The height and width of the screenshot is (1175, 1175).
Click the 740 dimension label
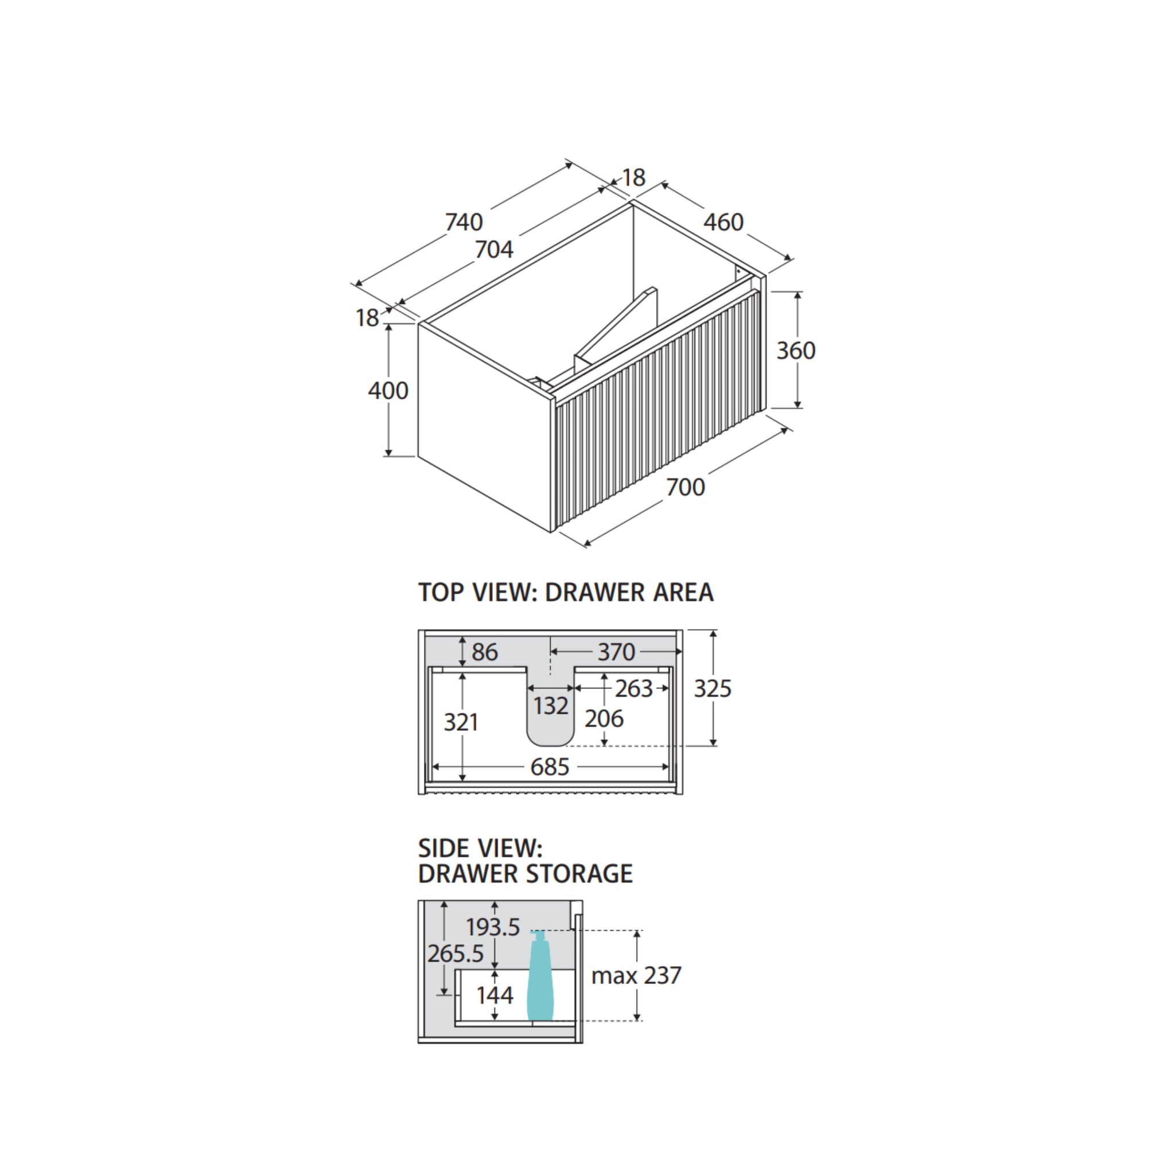(x=464, y=222)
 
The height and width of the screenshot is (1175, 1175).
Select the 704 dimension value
(x=494, y=250)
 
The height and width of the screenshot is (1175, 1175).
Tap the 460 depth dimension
(x=723, y=222)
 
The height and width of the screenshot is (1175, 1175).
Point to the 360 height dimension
(x=796, y=351)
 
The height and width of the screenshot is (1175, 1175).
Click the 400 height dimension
(x=388, y=391)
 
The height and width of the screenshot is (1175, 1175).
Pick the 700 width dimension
(x=686, y=487)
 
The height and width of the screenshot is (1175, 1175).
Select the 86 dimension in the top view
(x=485, y=652)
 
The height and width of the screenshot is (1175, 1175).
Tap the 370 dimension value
(x=616, y=652)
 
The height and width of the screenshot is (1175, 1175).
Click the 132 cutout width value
(x=551, y=706)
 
